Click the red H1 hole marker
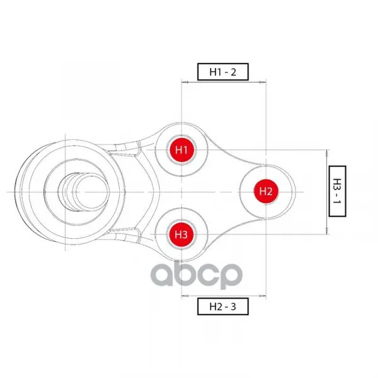click(181, 150)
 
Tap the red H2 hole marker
click(266, 192)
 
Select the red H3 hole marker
click(181, 234)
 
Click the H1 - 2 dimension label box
click(223, 72)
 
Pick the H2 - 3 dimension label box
click(223, 306)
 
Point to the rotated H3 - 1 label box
click(337, 191)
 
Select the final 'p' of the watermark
click(229, 277)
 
